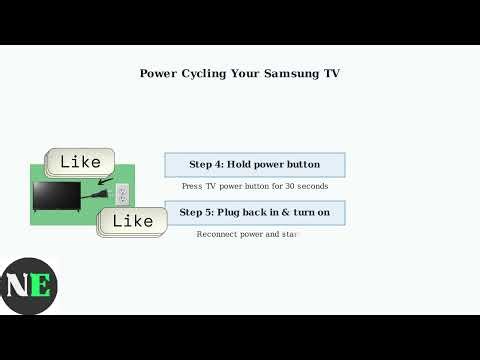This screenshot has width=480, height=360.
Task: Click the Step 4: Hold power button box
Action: coord(254,164)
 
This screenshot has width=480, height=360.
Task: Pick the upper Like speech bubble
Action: coord(81,161)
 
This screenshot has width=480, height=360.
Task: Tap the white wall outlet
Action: coord(122,193)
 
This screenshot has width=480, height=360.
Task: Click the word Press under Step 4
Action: coord(192,186)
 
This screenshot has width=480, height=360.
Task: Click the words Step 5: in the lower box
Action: coord(197,212)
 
